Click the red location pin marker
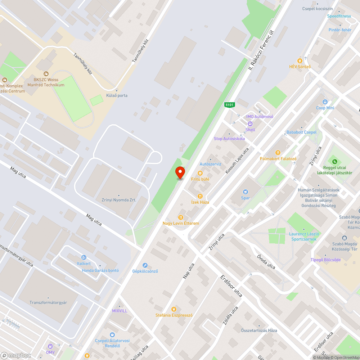point(180,172)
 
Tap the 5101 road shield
point(229,105)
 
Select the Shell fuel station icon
point(250,124)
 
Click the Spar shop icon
point(246,192)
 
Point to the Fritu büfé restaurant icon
point(200,173)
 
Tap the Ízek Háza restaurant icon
point(200,196)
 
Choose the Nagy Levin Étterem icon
point(181,217)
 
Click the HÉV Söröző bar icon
point(300,61)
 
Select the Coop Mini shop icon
point(325,102)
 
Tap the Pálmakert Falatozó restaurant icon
point(278,153)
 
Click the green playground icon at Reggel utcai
point(335,162)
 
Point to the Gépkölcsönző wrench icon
point(145,265)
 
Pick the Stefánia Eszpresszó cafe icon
point(174,309)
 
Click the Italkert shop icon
point(84,257)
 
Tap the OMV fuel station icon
point(50,346)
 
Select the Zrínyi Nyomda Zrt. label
point(116,200)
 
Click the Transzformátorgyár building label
point(48,302)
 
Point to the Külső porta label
point(117,95)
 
